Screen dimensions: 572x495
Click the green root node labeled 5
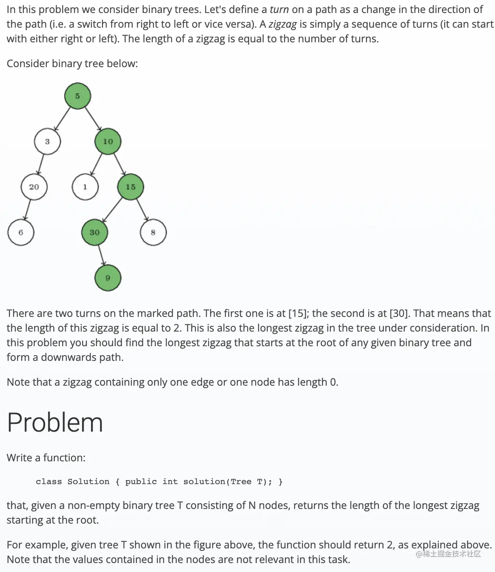point(77,96)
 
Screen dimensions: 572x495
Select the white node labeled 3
point(47,142)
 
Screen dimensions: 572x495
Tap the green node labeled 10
point(108,142)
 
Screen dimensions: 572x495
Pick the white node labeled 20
point(34,187)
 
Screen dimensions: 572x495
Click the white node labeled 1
point(85,187)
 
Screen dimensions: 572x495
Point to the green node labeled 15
point(130,187)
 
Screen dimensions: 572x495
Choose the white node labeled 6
point(21,232)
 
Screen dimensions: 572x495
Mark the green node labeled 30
point(95,232)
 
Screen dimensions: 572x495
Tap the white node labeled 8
point(153,232)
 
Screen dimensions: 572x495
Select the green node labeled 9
point(108,278)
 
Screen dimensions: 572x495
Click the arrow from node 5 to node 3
point(63,118)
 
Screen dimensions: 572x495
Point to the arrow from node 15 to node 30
point(113,210)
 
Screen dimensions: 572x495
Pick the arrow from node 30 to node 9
point(101,255)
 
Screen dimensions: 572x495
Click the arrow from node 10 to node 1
point(96,164)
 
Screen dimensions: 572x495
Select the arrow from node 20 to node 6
point(27,210)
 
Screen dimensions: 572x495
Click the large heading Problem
point(55,422)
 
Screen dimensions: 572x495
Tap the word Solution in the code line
point(88,482)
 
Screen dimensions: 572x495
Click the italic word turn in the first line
point(279,9)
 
